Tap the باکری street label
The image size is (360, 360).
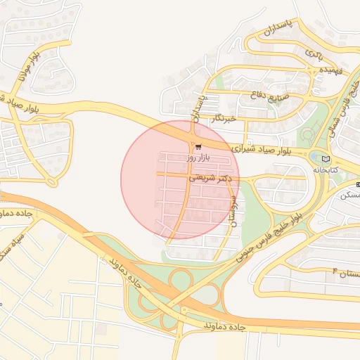tap(313, 53)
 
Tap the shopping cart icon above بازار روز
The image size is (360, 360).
tap(198, 147)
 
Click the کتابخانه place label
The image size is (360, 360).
tap(326, 170)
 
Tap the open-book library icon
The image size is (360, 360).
tap(324, 159)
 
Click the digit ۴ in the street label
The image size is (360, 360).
tap(335, 270)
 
